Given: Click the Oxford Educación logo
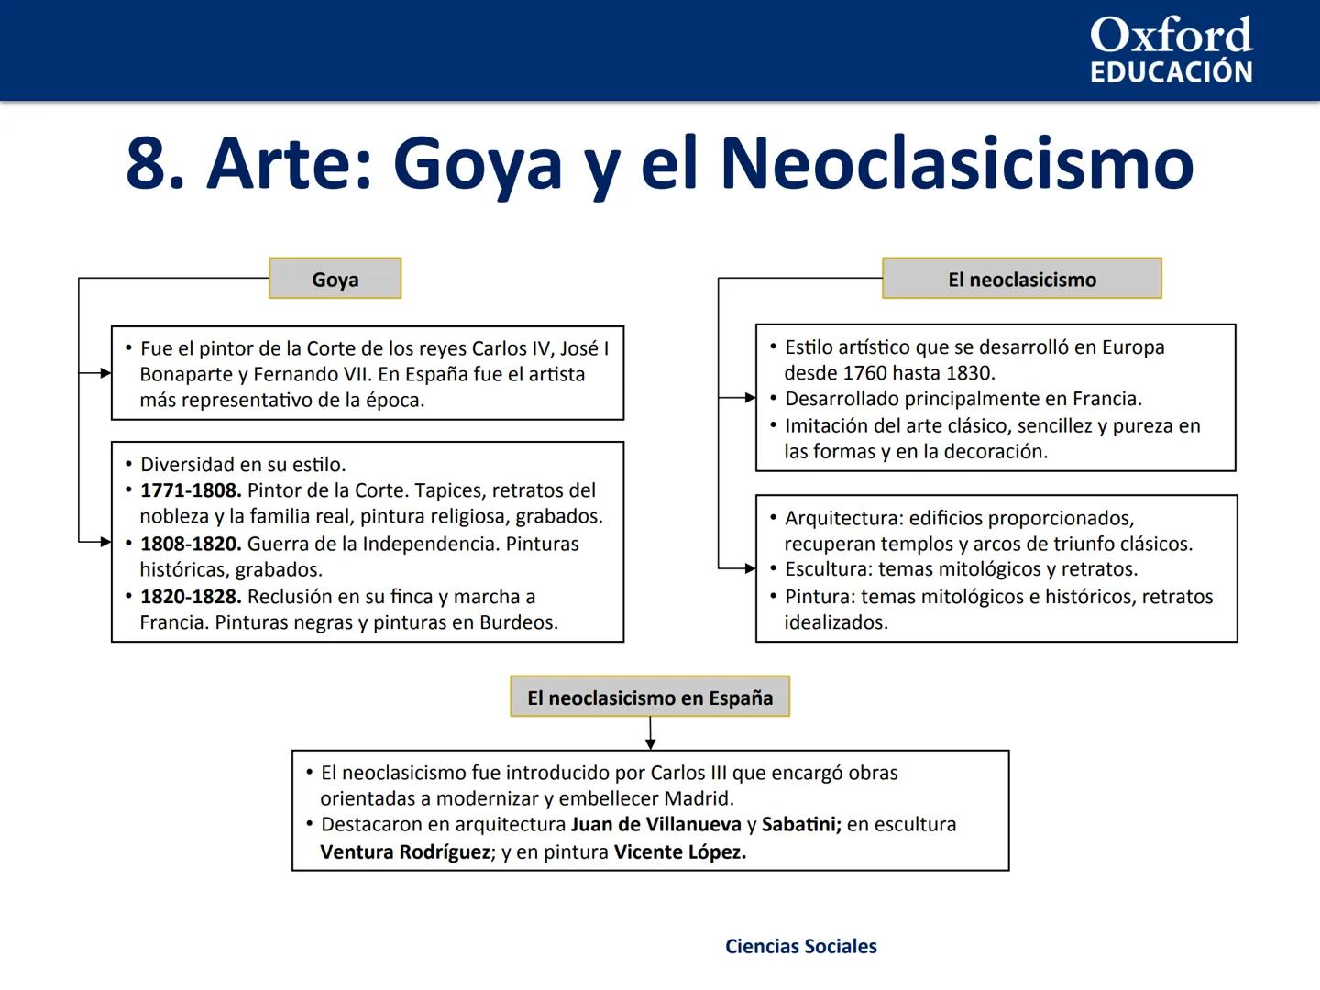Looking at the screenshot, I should click(x=1171, y=50).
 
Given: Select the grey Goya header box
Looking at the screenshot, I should click(x=335, y=279).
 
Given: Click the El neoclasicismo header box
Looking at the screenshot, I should click(x=1021, y=279).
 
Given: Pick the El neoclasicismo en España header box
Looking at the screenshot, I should click(x=650, y=698).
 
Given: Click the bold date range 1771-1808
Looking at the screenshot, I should click(x=190, y=490).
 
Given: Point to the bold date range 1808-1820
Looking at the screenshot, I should click(x=190, y=544).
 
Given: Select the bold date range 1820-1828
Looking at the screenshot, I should click(x=190, y=597).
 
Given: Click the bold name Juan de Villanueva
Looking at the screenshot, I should click(x=655, y=824).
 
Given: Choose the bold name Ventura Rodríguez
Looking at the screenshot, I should click(x=405, y=852).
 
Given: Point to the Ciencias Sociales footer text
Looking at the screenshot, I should click(x=800, y=946).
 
